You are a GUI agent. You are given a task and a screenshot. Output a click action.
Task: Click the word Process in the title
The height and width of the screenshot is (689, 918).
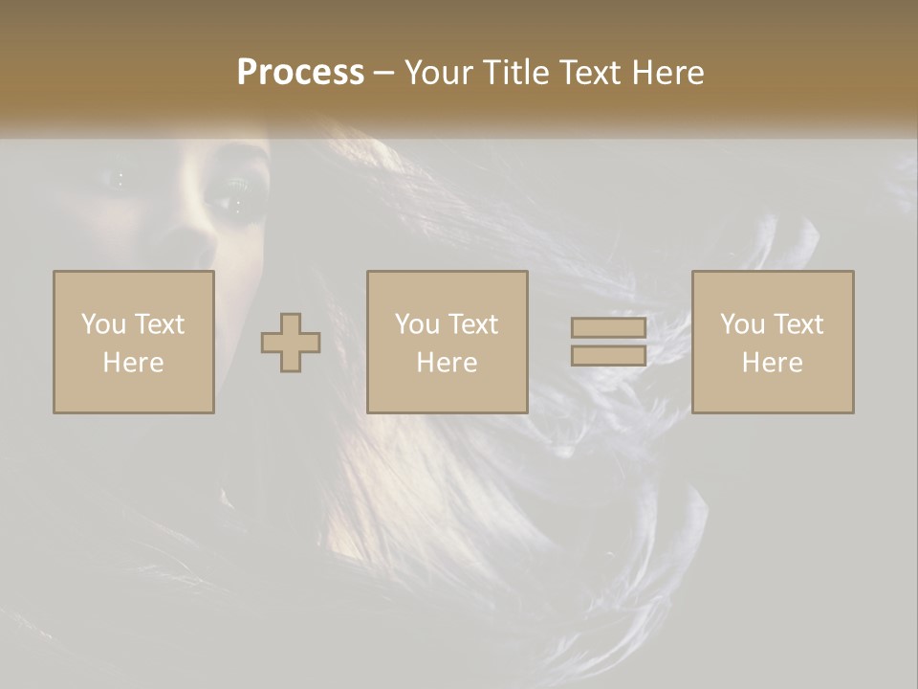300,73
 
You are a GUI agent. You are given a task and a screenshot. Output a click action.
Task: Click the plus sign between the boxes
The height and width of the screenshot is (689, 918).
291,343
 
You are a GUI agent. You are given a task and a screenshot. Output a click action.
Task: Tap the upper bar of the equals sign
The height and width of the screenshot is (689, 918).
608,328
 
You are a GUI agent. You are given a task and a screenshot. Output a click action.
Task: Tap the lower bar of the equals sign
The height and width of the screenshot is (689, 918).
608,356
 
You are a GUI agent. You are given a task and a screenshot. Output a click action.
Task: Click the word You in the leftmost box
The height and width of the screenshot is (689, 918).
103,324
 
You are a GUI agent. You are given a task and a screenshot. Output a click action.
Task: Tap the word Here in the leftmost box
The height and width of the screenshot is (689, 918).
134,363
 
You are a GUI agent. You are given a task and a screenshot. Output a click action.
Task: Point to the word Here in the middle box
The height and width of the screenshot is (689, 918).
448,363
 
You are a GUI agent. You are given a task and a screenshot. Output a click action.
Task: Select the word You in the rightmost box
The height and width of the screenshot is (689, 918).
742,324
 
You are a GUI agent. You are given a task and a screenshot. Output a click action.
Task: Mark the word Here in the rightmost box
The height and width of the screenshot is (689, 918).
773,363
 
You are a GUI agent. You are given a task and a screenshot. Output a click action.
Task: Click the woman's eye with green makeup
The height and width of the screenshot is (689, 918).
233,197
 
